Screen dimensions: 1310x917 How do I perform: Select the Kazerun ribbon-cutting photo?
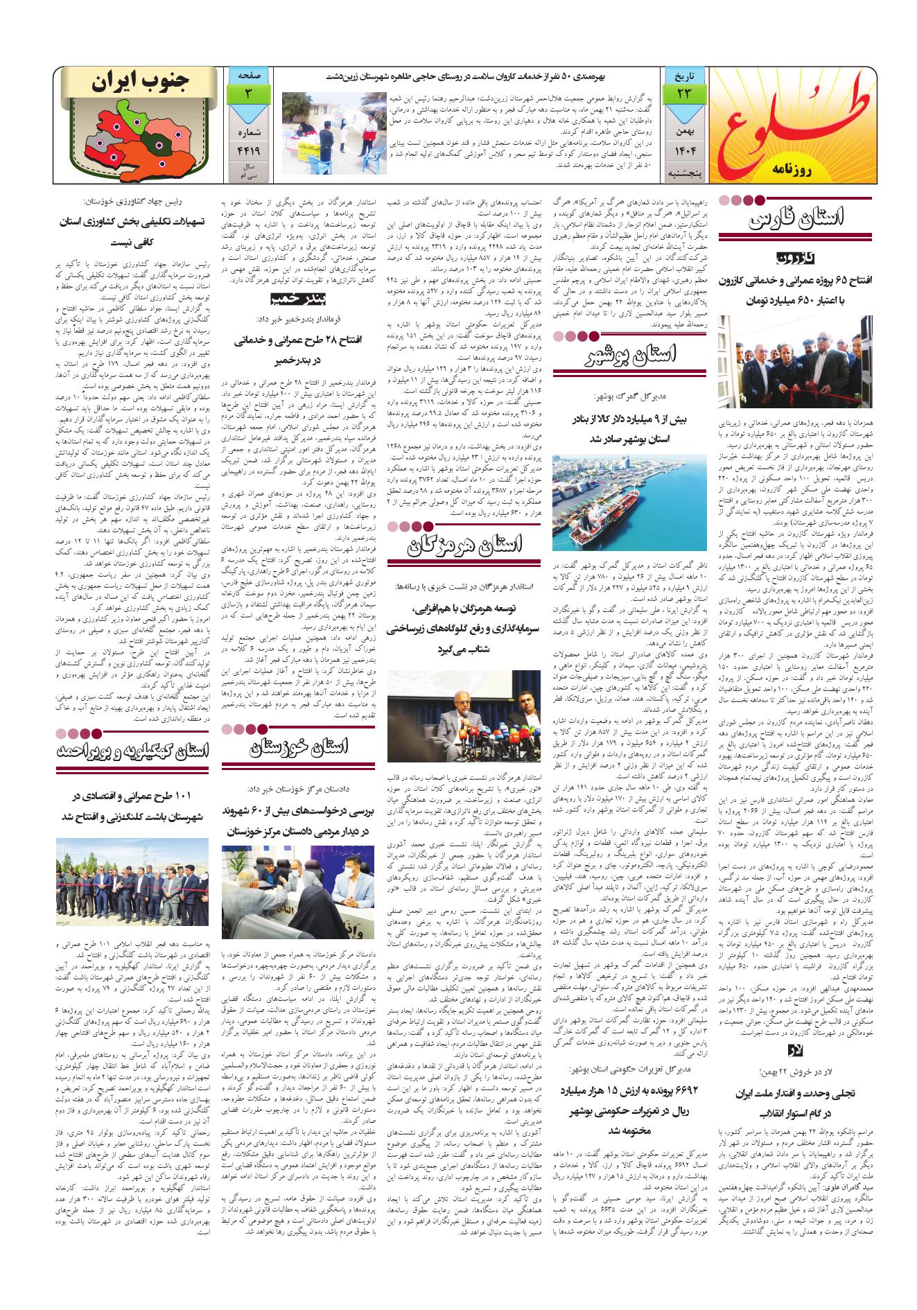point(805,371)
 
